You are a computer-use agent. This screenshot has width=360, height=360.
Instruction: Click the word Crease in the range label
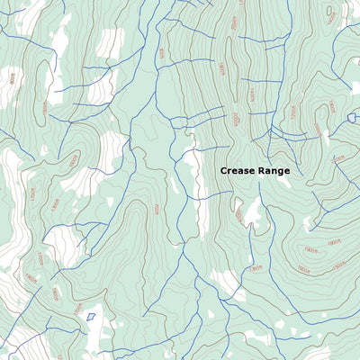tap(238, 170)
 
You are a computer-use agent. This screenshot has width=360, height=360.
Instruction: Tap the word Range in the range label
tap(274, 170)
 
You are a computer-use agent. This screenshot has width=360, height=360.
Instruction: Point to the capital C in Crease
tap(224, 170)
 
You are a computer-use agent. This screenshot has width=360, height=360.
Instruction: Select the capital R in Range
tap(263, 170)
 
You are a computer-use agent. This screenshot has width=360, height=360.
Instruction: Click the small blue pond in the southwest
tap(90, 316)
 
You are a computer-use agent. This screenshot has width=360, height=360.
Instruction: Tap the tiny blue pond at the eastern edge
tap(352, 117)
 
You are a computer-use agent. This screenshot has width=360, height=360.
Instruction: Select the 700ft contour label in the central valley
tap(156, 209)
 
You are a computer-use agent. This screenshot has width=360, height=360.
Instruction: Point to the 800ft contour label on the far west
tap(12, 78)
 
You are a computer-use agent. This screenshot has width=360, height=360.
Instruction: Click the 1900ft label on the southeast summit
tap(310, 249)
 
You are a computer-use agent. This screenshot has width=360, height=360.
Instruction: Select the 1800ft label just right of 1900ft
tap(333, 242)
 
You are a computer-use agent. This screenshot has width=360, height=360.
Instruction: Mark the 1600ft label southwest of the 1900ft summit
tap(255, 268)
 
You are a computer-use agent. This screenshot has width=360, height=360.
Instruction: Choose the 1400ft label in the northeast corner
tap(331, 15)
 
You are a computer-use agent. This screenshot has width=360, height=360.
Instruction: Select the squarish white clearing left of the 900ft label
tap(110, 41)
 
